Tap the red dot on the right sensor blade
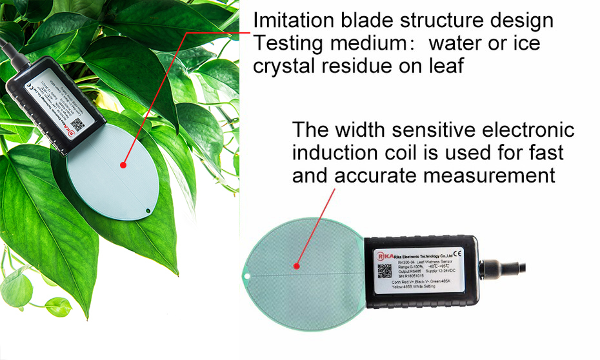[x=296, y=265]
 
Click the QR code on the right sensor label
[x=385, y=270]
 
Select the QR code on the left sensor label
[x=77, y=124]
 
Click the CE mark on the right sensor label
[x=457, y=253]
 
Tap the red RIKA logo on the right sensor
[x=385, y=255]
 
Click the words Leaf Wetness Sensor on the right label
[x=439, y=260]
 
